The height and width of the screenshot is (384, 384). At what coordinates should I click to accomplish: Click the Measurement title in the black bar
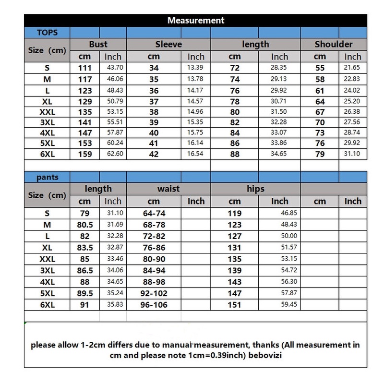[195, 21]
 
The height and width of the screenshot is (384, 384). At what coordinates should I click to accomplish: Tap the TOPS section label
[47, 33]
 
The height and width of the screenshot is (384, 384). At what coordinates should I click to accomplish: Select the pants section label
[47, 177]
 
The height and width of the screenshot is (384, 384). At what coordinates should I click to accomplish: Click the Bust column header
[98, 44]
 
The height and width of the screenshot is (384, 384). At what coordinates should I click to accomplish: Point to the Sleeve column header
[168, 44]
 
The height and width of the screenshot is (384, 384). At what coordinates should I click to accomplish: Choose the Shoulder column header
[334, 44]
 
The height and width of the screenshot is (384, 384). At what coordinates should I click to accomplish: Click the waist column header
[168, 189]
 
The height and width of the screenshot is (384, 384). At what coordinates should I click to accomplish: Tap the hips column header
[255, 189]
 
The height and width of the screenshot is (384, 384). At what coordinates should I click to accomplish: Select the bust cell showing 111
[84, 68]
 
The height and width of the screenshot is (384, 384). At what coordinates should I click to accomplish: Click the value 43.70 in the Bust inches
[114, 68]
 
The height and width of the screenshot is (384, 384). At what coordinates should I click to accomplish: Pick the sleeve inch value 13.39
[196, 68]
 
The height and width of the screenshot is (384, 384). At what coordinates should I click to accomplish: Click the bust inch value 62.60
[114, 154]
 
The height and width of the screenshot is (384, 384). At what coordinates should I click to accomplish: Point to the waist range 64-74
[154, 213]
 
